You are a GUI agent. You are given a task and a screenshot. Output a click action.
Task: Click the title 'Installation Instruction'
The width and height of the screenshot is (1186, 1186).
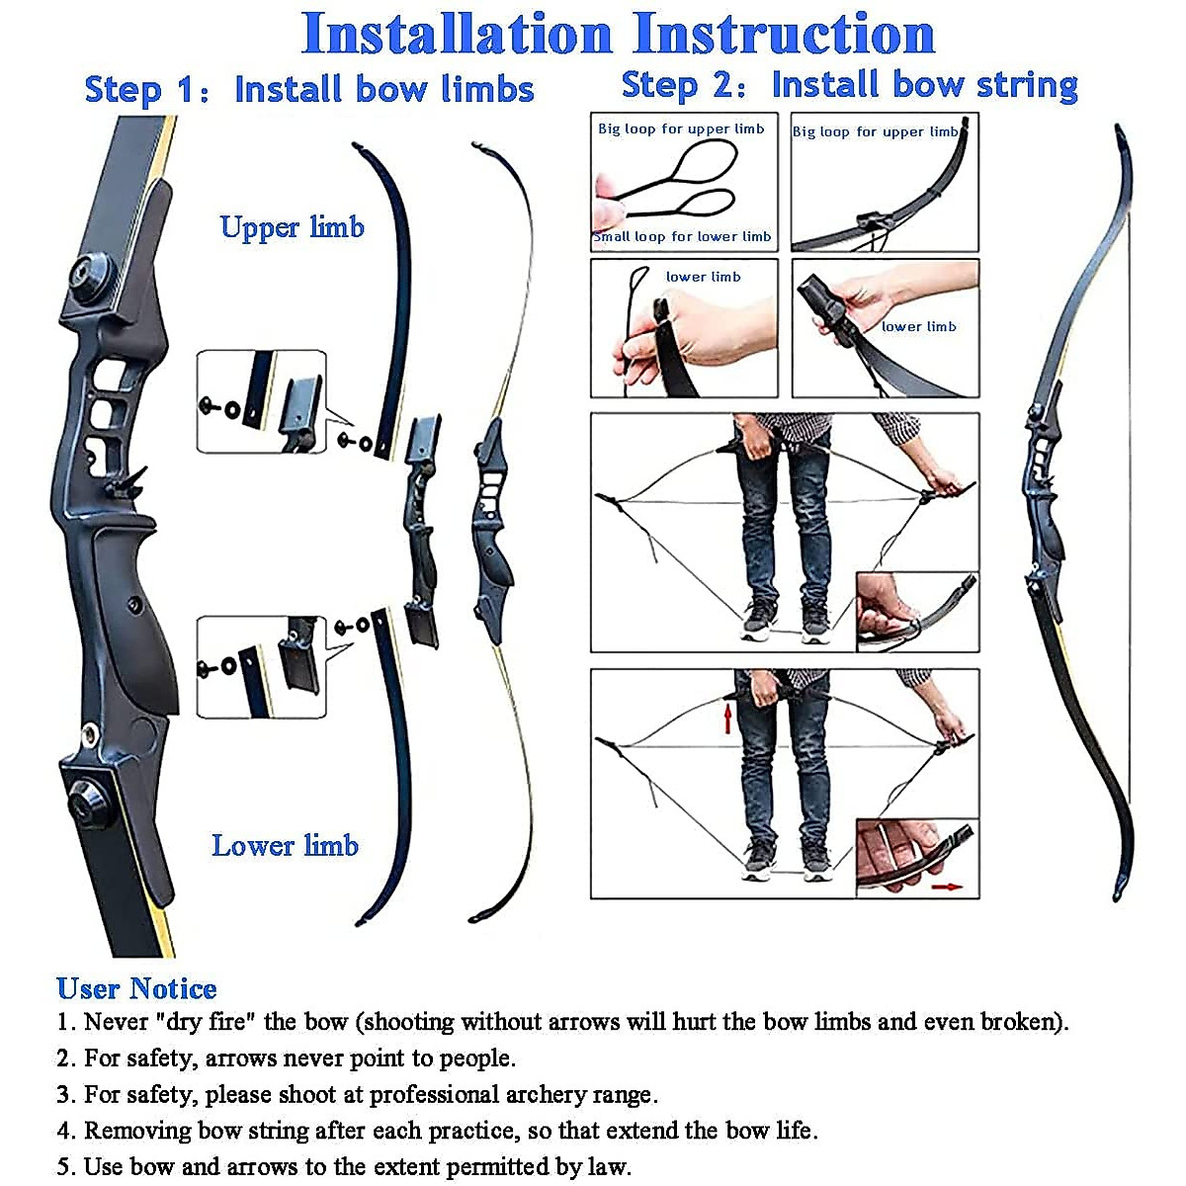(x=618, y=35)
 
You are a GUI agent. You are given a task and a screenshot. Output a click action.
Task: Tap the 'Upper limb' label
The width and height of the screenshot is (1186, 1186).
(x=292, y=227)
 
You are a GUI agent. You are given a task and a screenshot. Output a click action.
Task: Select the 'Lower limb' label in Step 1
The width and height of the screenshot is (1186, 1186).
(x=285, y=846)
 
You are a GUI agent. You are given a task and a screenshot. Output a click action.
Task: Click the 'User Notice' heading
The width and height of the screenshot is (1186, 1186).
(x=136, y=988)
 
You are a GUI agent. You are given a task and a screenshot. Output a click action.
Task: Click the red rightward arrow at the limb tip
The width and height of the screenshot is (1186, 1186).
(x=947, y=887)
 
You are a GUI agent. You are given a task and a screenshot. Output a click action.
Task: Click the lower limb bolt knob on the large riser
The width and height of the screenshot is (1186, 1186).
(x=90, y=800)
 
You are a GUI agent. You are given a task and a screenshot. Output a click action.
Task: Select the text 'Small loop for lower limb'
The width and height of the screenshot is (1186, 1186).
(x=682, y=237)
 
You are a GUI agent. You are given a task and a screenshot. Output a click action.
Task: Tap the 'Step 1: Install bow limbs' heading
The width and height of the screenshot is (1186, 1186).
(x=308, y=90)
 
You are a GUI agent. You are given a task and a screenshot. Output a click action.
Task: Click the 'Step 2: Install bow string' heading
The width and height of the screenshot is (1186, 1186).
(x=849, y=85)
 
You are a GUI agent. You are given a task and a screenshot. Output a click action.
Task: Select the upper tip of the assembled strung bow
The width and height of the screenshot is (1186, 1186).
(x=1119, y=131)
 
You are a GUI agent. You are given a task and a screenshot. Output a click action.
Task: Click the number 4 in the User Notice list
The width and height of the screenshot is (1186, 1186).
(x=65, y=1131)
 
